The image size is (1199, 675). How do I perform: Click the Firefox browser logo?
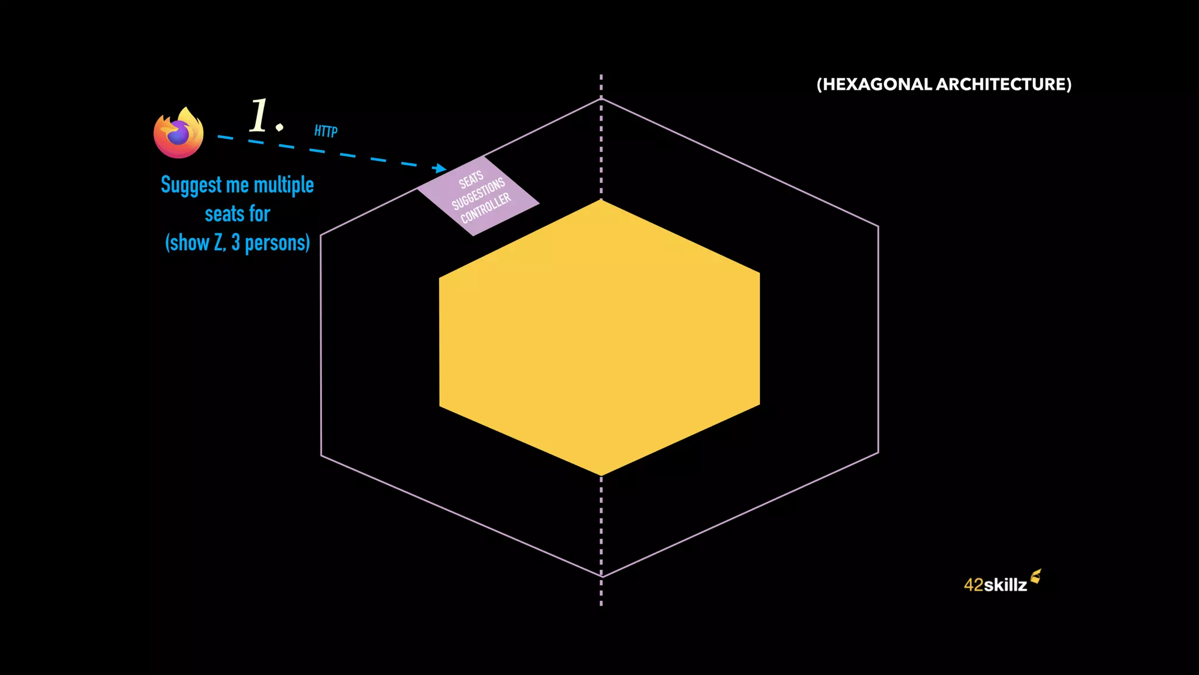pyautogui.click(x=179, y=133)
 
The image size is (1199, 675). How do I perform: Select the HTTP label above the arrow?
pyautogui.click(x=326, y=131)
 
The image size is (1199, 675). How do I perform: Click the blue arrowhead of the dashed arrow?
pyautogui.click(x=440, y=169)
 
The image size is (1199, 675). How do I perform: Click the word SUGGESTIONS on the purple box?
pyautogui.click(x=478, y=194)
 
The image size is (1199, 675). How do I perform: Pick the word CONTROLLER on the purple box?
pyautogui.click(x=486, y=208)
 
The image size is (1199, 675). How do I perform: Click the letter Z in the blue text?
pyautogui.click(x=218, y=243)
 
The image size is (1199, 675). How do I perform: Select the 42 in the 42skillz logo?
pyautogui.click(x=974, y=585)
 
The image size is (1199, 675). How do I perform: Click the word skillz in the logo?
pyautogui.click(x=1005, y=585)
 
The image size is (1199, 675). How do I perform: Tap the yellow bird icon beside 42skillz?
pyautogui.click(x=1036, y=577)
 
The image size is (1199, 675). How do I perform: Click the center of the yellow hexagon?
pyautogui.click(x=600, y=338)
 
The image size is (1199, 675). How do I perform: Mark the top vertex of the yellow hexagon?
pyautogui.click(x=601, y=200)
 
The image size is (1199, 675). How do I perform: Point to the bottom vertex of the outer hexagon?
pyautogui.click(x=602, y=577)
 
